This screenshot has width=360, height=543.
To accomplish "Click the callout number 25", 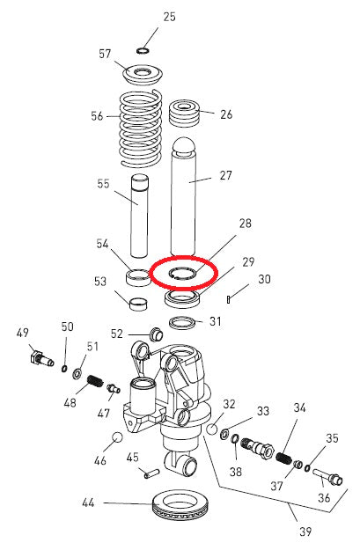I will click(170, 17).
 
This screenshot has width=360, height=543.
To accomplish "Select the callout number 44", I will click(87, 503).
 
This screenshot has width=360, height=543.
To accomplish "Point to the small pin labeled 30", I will click(228, 299).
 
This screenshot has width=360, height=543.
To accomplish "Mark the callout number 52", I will click(140, 333).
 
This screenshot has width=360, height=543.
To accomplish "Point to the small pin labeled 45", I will click(149, 473).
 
